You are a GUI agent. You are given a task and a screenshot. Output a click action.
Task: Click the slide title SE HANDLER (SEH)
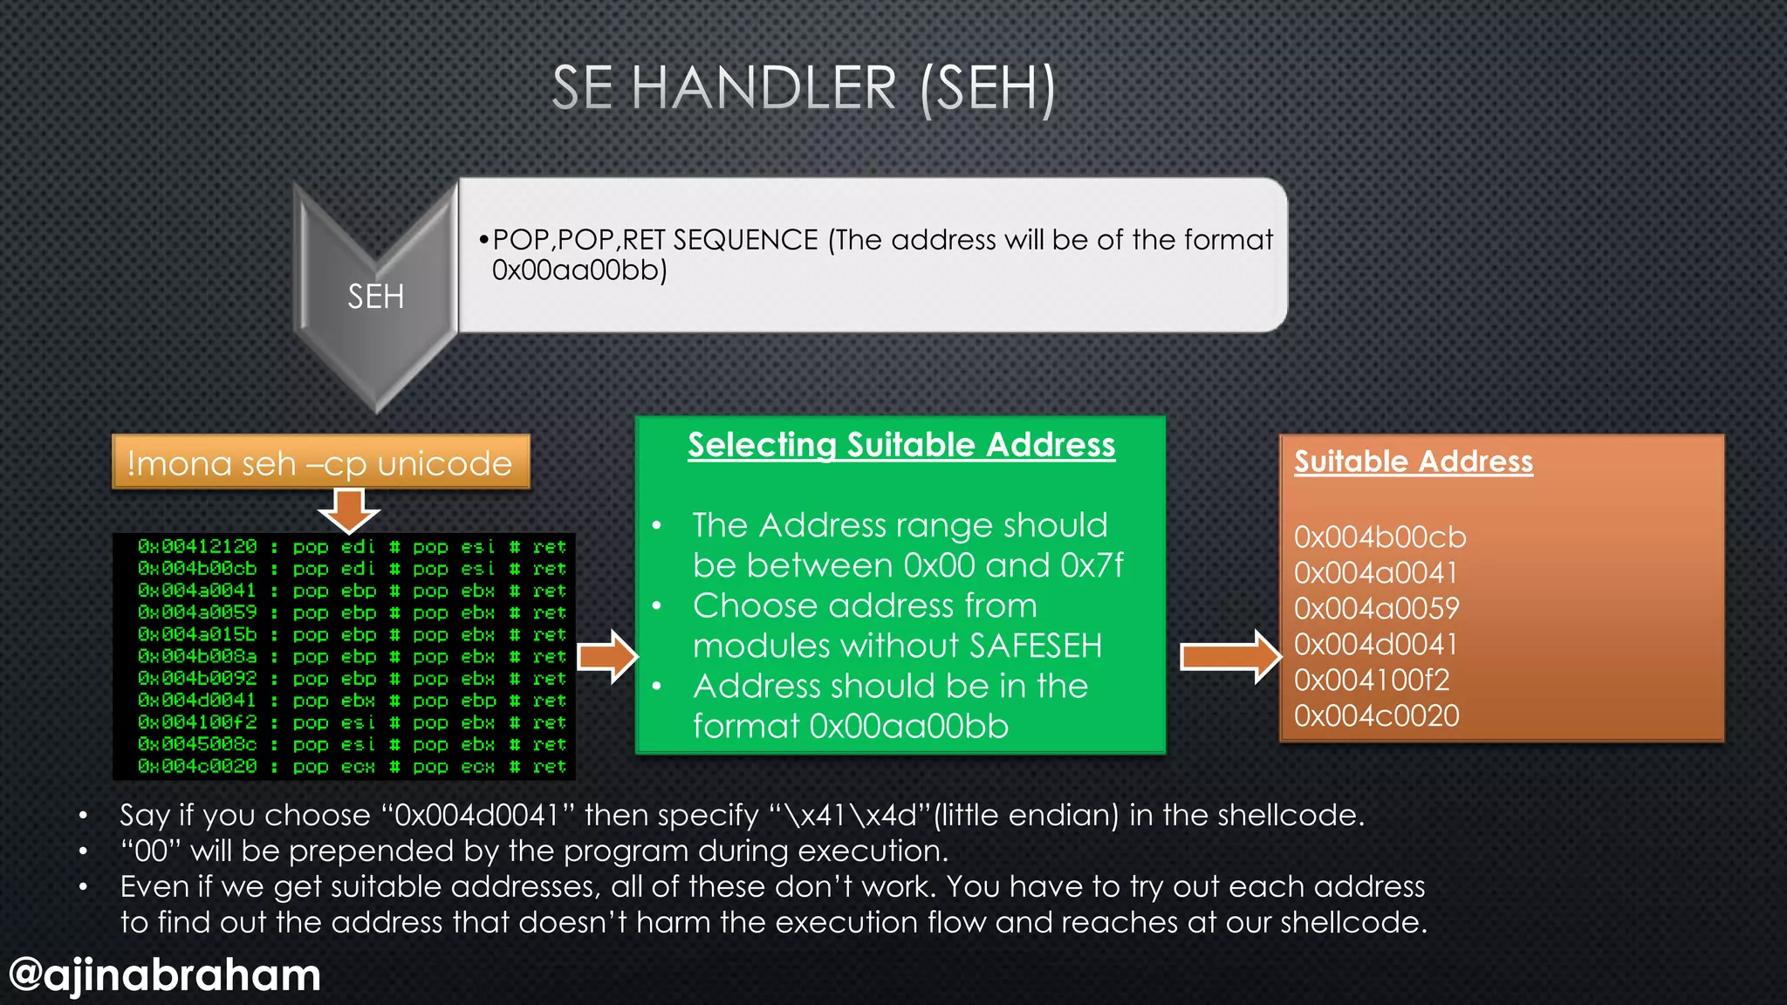point(803,88)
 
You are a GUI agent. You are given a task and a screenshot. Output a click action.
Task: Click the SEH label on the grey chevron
point(375,297)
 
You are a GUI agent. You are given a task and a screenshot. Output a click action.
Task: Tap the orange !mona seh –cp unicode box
point(320,462)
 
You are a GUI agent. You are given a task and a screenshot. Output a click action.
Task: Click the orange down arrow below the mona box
point(348,510)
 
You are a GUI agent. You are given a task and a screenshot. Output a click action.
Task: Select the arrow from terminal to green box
point(608,656)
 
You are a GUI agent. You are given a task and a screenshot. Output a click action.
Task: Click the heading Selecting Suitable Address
point(901,445)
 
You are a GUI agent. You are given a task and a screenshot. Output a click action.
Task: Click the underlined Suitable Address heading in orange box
point(1413,461)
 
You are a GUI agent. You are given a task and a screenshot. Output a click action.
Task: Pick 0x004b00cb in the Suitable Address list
point(1380,537)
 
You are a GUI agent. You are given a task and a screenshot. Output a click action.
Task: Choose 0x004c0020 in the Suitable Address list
point(1376,716)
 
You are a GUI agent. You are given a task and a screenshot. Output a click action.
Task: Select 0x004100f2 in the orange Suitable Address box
point(1371,680)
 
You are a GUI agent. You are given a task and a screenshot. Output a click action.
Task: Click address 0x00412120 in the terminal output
point(197,547)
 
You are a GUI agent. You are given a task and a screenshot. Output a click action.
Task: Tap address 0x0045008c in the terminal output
point(197,744)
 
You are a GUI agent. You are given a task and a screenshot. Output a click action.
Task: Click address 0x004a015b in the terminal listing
point(197,634)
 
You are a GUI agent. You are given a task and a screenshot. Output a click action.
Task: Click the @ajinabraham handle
point(164,974)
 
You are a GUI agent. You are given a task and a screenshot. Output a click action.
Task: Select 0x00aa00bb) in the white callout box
point(579,270)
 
